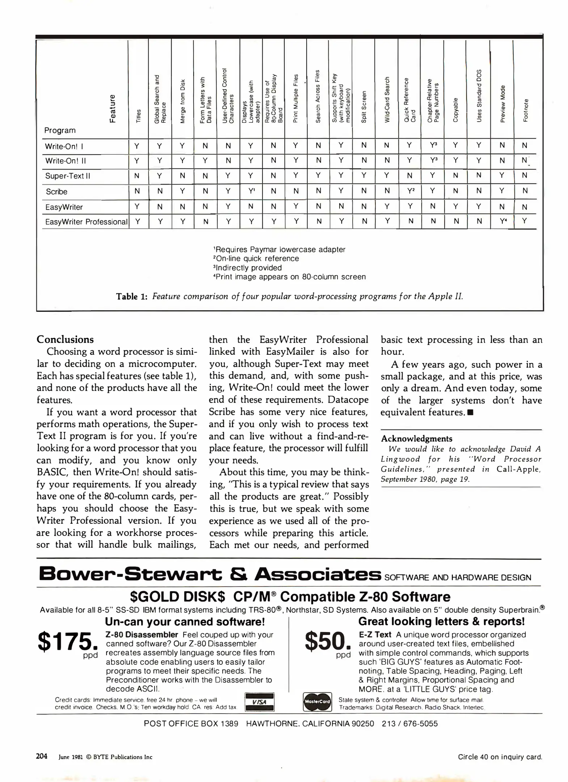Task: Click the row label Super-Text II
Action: (x=68, y=176)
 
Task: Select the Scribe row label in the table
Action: (x=56, y=192)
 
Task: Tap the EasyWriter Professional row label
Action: (x=86, y=222)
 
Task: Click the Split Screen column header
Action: (x=364, y=107)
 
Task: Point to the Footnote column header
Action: (x=525, y=110)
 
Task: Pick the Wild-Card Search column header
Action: (x=387, y=100)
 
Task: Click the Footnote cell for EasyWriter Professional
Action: (x=525, y=220)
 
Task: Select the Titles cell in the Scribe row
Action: (x=137, y=191)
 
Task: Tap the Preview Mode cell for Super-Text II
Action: (x=502, y=175)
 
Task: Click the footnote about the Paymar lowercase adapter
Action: (x=279, y=249)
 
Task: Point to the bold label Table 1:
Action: (x=132, y=297)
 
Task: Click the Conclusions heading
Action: (x=65, y=339)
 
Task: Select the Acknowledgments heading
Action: (x=417, y=438)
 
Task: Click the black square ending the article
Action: (x=471, y=413)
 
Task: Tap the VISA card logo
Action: (x=260, y=702)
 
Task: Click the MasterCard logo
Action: (x=317, y=702)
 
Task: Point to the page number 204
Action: (x=42, y=756)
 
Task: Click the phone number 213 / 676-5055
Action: (x=409, y=724)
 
